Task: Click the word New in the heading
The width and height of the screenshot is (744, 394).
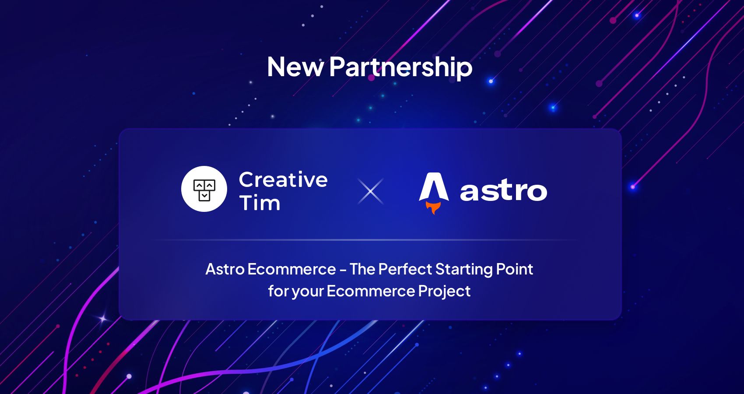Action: [x=295, y=67]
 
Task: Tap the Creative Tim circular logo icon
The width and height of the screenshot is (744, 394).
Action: [x=204, y=189]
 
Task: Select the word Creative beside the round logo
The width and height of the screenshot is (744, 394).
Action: [x=283, y=180]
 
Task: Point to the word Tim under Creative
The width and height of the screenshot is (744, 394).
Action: [x=260, y=203]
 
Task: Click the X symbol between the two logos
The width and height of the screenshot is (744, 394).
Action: [x=370, y=191]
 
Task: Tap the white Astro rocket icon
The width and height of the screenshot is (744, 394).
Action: [x=434, y=187]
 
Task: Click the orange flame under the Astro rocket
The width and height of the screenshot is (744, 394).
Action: [x=433, y=208]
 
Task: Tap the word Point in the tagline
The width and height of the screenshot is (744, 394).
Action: [x=515, y=269]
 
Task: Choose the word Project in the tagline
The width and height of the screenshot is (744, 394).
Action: [x=444, y=292]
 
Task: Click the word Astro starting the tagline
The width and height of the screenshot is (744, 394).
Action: [x=225, y=269]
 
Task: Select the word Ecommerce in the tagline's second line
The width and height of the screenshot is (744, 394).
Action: [x=371, y=291]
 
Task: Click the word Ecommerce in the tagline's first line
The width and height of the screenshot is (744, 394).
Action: [x=291, y=269]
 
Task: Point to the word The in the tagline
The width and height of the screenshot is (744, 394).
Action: [x=362, y=269]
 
